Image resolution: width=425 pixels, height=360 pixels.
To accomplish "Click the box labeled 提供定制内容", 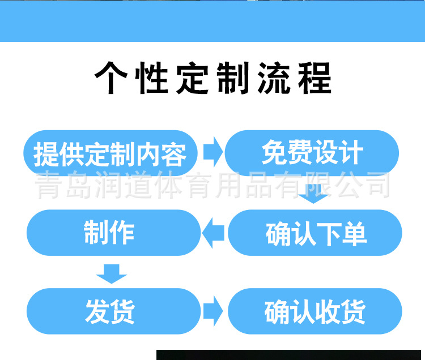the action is [110, 153].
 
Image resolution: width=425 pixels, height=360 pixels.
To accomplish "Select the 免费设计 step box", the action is [312, 153].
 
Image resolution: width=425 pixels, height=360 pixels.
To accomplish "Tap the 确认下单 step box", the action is [315, 233].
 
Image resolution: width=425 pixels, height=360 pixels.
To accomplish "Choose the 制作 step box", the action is [113, 233].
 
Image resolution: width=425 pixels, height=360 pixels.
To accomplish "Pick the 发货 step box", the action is [113, 311].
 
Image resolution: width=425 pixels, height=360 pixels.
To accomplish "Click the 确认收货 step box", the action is [315, 311].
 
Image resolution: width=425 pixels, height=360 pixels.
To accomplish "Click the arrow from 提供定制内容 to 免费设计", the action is [213, 152].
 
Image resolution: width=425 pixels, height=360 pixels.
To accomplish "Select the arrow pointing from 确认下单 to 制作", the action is [213, 233].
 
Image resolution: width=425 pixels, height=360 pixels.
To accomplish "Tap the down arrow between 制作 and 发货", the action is [112, 274].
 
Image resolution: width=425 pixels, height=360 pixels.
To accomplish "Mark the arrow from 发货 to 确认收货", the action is [213, 311].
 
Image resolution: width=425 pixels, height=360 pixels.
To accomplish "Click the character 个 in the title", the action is [111, 78].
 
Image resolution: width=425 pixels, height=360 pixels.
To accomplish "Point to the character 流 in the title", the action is [274, 78].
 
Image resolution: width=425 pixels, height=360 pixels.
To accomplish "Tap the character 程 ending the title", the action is [315, 78].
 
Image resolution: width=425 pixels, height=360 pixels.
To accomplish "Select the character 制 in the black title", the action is [233, 78].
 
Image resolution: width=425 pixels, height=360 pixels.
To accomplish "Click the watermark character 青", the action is [49, 185].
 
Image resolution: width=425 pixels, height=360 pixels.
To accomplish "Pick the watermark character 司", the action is [376, 185].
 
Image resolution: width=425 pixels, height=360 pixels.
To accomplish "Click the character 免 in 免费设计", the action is [274, 152].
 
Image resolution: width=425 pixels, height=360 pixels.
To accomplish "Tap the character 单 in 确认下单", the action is [354, 234].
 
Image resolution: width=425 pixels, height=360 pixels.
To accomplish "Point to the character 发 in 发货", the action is [97, 312].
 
